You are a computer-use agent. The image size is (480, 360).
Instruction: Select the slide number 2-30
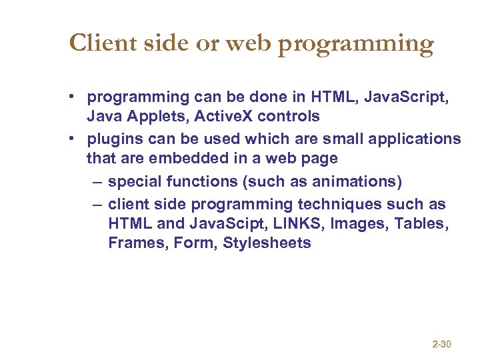(442, 345)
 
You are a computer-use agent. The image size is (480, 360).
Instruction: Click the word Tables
(420, 223)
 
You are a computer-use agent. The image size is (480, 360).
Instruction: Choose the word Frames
(137, 243)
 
